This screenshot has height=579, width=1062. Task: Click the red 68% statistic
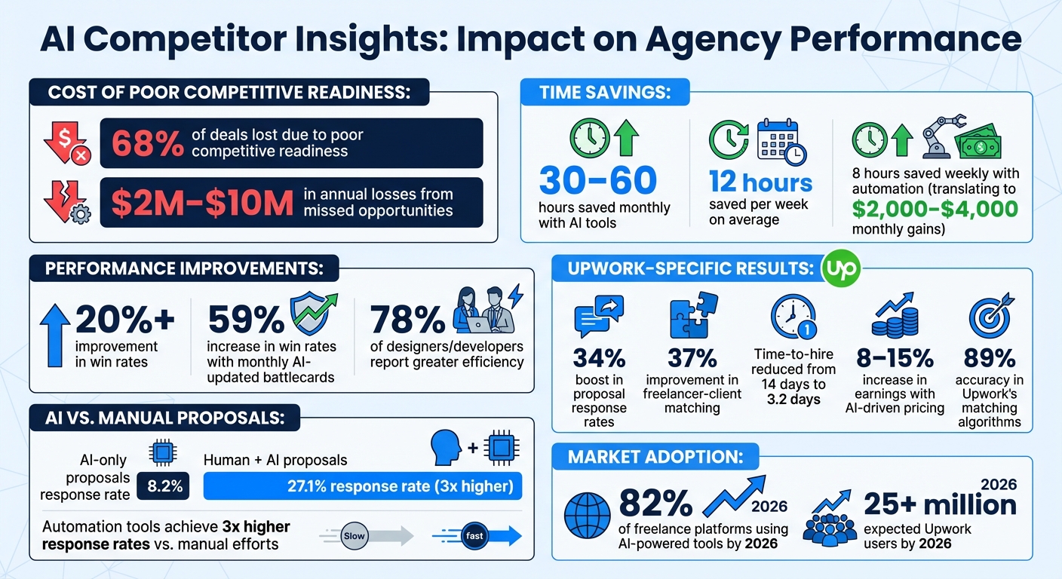[x=147, y=143]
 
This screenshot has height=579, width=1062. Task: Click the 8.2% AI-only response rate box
[x=164, y=486]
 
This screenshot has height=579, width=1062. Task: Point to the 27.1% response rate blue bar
[x=363, y=486]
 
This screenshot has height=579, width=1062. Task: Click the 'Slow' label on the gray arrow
[x=354, y=536]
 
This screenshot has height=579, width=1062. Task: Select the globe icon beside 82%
[x=587, y=512]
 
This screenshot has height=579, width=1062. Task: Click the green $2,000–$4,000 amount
[x=935, y=209]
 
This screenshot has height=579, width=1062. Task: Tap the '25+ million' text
[x=940, y=504]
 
